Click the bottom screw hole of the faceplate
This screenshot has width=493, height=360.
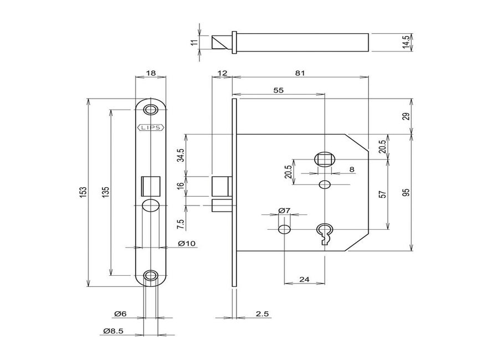150,275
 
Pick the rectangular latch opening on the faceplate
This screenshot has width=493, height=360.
150,184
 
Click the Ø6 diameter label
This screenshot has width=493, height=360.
120,314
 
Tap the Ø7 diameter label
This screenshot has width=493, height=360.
284,210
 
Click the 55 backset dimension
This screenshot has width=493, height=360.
278,90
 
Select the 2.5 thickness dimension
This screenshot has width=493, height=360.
262,314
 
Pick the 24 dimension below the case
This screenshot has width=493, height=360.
304,279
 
